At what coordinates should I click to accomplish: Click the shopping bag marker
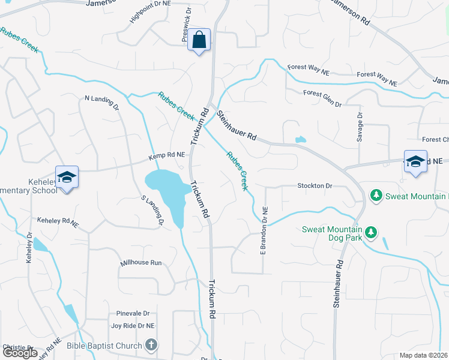click(199, 41)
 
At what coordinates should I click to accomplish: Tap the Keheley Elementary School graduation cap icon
click(67, 177)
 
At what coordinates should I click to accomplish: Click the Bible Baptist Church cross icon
click(151, 345)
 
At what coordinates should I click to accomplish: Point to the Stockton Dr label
click(315, 186)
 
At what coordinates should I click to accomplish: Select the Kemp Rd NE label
click(166, 156)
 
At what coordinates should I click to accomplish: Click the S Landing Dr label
click(152, 211)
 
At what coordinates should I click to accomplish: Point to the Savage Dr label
click(360, 127)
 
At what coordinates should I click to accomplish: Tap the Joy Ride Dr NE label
click(133, 326)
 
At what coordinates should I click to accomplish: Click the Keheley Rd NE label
click(58, 222)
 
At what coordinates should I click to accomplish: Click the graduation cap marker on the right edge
click(415, 161)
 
